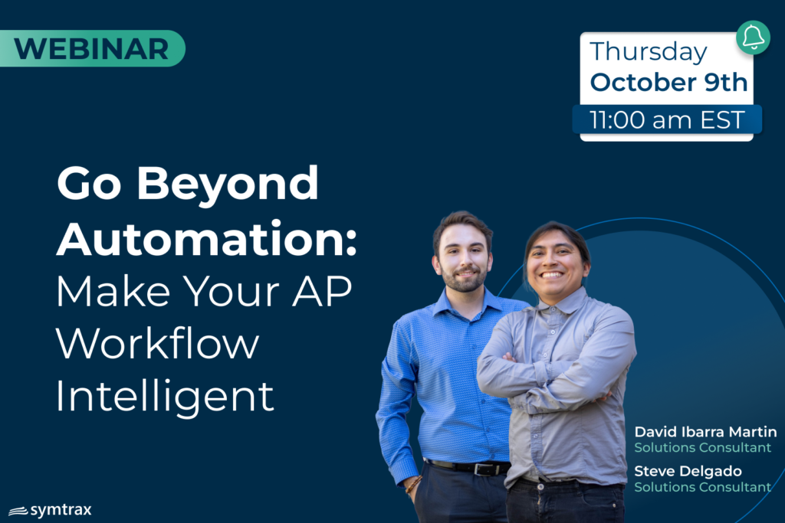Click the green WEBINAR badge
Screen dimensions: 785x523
pos(92,48)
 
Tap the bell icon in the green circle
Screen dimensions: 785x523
pos(753,38)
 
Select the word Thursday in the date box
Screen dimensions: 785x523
pos(649,52)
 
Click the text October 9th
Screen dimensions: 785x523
pos(668,82)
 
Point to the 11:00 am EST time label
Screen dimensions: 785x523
pos(667,120)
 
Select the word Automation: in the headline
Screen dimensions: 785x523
pos(207,239)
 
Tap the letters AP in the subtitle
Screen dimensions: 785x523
pos(322,291)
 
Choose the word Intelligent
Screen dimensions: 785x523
pos(166,397)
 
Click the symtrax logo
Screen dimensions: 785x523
pos(50,510)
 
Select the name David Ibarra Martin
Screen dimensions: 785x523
pos(705,432)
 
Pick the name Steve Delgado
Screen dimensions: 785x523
pos(688,471)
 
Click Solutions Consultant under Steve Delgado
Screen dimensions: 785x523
pos(702,487)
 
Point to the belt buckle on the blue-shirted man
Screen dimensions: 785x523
pos(483,469)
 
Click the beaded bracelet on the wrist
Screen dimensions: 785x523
pos(413,484)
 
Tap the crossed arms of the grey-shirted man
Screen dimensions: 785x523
pos(548,380)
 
